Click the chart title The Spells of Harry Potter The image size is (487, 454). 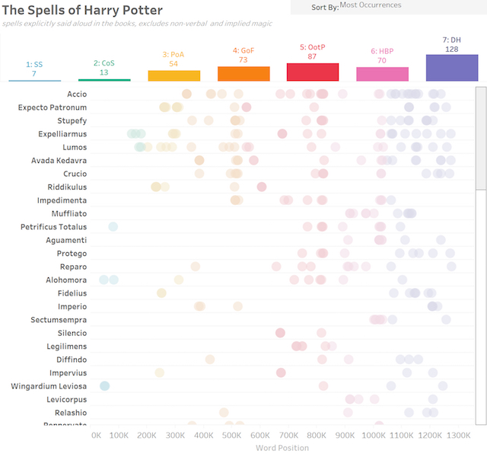(82, 10)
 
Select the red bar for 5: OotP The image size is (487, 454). (313, 72)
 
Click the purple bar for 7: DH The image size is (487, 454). (451, 68)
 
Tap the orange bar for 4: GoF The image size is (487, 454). (243, 73)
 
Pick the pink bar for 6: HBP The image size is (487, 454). (382, 74)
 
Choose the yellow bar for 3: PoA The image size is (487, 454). (173, 75)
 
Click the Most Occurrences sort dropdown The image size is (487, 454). (388, 6)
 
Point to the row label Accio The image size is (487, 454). (77, 94)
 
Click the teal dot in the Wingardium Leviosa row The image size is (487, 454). (105, 386)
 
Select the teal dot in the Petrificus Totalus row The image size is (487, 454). (113, 226)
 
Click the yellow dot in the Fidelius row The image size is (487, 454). (161, 293)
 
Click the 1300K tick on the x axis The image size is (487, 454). (458, 436)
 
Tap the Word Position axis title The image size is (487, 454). (282, 448)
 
